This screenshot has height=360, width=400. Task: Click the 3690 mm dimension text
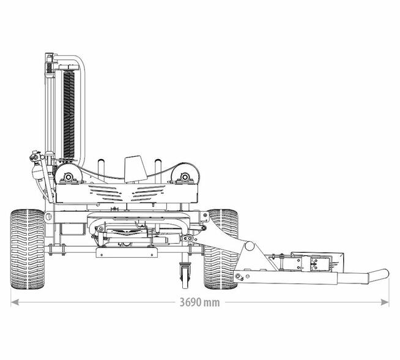pyautogui.click(x=199, y=302)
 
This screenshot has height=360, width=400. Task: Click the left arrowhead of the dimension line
pyautogui.click(x=15, y=302)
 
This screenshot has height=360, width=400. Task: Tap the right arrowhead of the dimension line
pyautogui.click(x=385, y=302)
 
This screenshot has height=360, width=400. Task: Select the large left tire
pyautogui.click(x=28, y=249)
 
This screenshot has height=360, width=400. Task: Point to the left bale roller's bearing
pyautogui.click(x=68, y=177)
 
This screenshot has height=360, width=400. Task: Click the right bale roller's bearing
pyautogui.click(x=185, y=177)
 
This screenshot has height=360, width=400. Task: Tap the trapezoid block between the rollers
pyautogui.click(x=135, y=169)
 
